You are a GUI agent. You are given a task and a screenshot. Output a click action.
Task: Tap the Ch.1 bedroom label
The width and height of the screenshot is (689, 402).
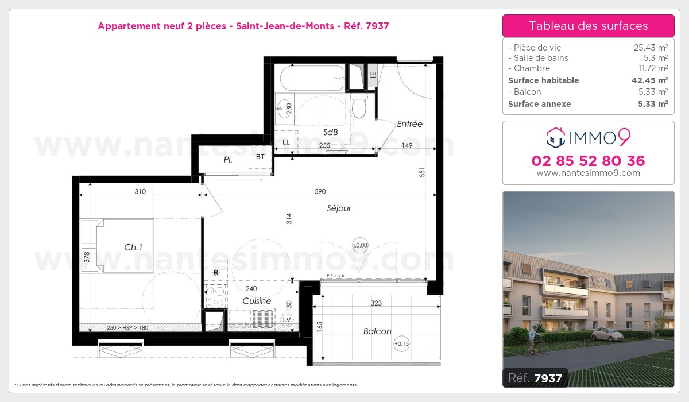click(x=133, y=248)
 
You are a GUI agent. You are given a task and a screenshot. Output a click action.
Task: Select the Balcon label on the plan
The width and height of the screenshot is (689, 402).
click(x=377, y=331)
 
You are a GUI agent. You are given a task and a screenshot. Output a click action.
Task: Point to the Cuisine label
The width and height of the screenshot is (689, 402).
click(x=257, y=301)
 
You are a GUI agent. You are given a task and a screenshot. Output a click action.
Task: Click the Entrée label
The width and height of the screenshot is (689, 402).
click(x=409, y=124)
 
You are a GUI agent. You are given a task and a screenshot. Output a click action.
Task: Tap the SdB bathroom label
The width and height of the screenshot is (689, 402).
click(x=330, y=132)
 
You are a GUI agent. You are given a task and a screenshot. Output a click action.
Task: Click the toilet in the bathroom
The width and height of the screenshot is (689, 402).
click(x=359, y=106)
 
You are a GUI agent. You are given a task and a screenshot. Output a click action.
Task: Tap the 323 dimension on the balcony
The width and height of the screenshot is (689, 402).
click(x=376, y=303)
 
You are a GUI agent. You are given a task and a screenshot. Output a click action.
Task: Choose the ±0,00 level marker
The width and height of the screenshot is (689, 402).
click(x=360, y=246)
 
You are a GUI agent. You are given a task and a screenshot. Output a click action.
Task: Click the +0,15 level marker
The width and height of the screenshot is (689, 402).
click(x=400, y=344)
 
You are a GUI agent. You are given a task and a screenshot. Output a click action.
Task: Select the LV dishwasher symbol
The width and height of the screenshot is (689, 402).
click(x=287, y=320)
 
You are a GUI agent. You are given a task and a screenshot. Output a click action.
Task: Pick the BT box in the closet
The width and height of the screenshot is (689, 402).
click(x=260, y=157)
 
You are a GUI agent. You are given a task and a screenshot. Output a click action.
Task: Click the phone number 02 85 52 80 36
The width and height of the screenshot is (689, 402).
click(x=589, y=161)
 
